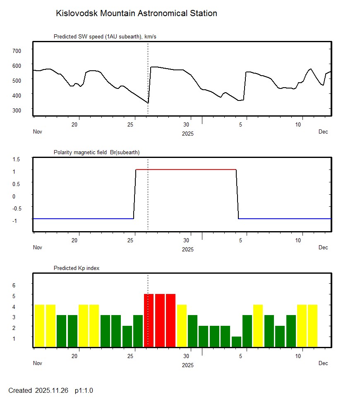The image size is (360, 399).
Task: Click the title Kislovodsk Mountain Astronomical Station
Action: tap(136, 14)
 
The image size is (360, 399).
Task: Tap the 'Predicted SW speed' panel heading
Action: tap(105, 37)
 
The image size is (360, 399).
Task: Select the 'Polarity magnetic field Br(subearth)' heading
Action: tap(96, 153)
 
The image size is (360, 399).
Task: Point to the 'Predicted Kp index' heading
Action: tap(77, 268)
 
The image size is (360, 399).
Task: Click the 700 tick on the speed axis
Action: tap(17, 50)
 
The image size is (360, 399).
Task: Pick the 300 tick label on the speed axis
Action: tap(17, 110)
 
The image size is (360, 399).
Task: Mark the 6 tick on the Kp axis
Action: tap(14, 285)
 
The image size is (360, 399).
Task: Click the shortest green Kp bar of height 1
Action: tap(236, 342)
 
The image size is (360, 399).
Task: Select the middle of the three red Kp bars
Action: tap(160, 320)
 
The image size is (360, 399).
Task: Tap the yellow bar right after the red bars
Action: tap(182, 325)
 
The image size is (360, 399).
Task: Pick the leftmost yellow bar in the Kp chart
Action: tap(39, 325)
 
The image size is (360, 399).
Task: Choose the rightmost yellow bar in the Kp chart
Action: tap(312, 325)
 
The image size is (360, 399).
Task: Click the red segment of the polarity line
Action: tap(186, 170)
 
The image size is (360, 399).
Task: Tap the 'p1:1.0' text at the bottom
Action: tap(84, 390)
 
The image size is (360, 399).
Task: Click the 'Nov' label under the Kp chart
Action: tap(38, 363)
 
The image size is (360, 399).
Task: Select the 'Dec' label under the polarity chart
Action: tap(323, 248)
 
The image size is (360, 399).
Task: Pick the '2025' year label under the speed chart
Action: tap(188, 134)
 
